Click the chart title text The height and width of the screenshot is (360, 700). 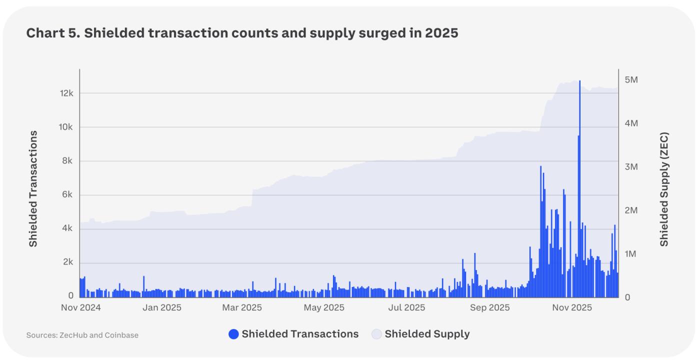point(242,33)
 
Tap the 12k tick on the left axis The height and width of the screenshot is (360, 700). point(66,93)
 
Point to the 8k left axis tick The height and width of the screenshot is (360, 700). point(67,161)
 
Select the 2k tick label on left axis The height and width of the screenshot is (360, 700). point(67,262)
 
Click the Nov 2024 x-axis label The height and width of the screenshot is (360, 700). point(81,307)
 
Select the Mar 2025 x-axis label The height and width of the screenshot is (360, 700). point(242,307)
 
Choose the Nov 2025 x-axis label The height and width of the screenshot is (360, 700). point(571,307)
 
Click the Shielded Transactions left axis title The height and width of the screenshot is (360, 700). point(33,188)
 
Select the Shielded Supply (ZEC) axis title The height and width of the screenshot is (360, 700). point(664,189)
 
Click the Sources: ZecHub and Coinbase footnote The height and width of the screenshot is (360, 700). point(82,335)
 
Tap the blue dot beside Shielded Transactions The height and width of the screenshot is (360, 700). point(233,334)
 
